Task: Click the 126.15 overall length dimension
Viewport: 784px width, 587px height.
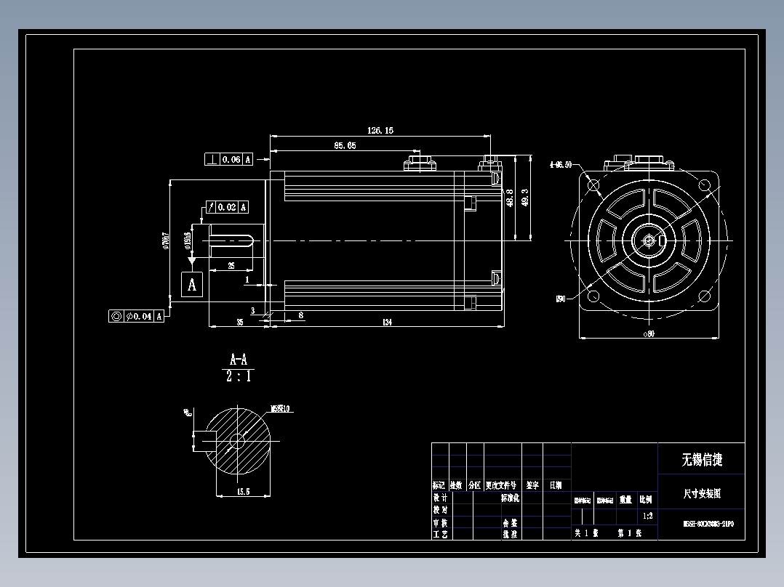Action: pyautogui.click(x=380, y=131)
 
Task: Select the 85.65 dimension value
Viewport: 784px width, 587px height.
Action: pyautogui.click(x=345, y=145)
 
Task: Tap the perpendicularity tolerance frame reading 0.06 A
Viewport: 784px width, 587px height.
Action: pyautogui.click(x=229, y=159)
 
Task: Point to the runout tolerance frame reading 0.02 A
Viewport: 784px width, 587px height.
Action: pyautogui.click(x=228, y=207)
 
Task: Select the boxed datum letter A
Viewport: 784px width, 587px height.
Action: pyautogui.click(x=192, y=284)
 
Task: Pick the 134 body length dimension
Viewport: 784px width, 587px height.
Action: pyautogui.click(x=386, y=323)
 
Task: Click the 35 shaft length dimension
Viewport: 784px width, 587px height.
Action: pyautogui.click(x=239, y=323)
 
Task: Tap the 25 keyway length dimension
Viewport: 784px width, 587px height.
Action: pyautogui.click(x=231, y=266)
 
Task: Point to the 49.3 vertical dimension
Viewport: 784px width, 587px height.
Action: pyautogui.click(x=524, y=198)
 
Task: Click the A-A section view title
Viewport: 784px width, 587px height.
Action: pyautogui.click(x=238, y=360)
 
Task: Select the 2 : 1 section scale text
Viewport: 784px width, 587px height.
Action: pyautogui.click(x=238, y=377)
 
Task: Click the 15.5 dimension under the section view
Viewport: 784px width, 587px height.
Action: pyautogui.click(x=243, y=492)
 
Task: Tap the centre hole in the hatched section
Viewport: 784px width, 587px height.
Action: pyautogui.click(x=236, y=440)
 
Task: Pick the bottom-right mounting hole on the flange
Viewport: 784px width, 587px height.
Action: pyautogui.click(x=703, y=295)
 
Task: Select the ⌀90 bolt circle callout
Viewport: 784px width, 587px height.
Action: pyautogui.click(x=561, y=298)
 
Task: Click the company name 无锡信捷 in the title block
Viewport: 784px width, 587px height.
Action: pyautogui.click(x=701, y=459)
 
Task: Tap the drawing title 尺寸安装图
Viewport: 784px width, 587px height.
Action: pyautogui.click(x=701, y=493)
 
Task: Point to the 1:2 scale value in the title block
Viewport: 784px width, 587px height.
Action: pyautogui.click(x=647, y=517)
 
